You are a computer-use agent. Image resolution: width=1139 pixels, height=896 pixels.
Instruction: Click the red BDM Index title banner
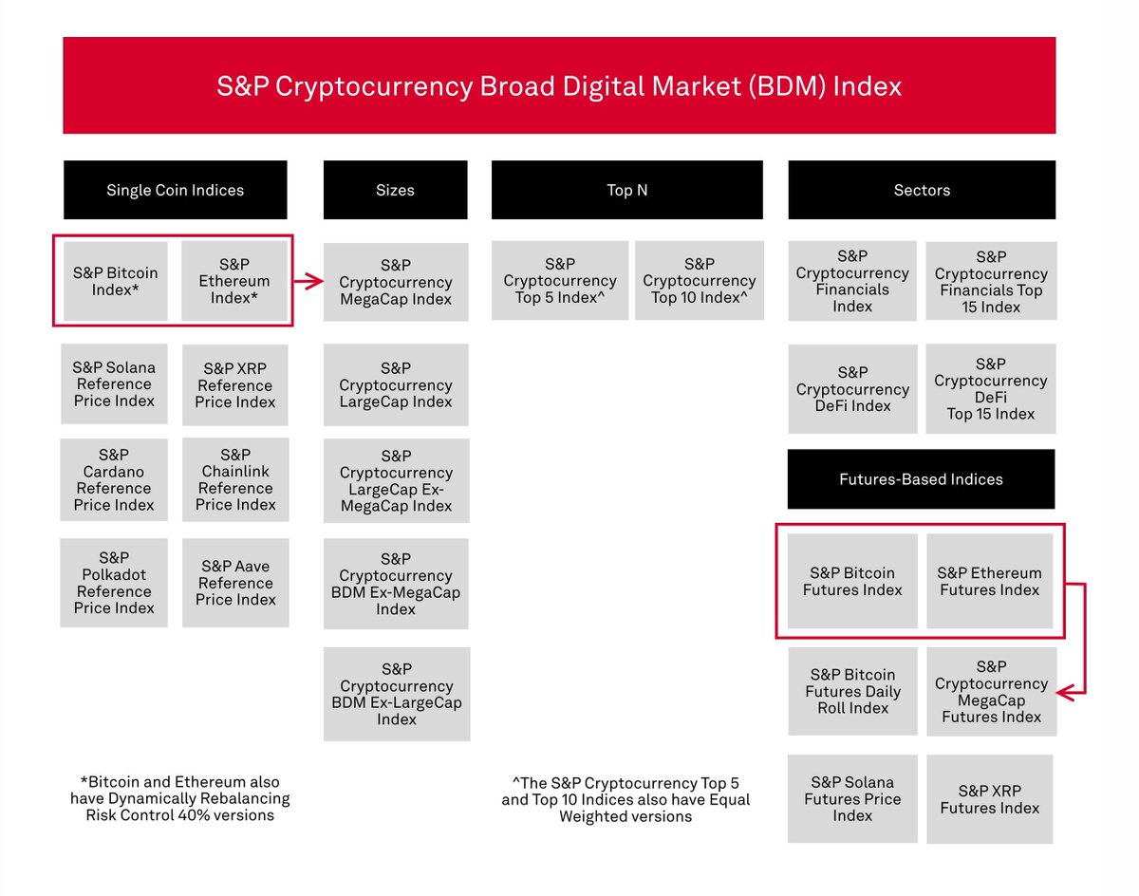point(559,86)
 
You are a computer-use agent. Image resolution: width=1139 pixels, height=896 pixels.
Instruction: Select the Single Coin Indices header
point(175,190)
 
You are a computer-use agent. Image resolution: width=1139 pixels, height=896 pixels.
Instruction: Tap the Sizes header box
point(395,190)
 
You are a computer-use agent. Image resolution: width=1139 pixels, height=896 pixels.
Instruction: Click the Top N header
point(626,190)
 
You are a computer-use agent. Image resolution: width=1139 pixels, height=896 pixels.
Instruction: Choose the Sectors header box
point(921,190)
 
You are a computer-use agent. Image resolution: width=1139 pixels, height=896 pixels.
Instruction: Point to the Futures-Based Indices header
point(921,479)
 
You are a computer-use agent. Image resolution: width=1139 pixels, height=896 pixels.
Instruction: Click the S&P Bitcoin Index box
point(116,281)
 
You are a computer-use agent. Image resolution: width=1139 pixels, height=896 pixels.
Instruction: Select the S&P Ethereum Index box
point(234,281)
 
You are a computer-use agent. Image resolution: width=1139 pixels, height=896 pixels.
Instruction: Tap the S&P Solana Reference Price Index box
point(114,383)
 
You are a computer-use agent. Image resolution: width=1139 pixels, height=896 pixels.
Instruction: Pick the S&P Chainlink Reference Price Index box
point(235,479)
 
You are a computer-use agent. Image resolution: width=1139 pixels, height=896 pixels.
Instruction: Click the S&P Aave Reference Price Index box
point(235,583)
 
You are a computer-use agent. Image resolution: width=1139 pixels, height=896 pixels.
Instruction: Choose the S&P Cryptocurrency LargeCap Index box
point(396,384)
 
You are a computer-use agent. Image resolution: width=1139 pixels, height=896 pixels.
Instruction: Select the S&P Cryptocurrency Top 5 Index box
point(560,280)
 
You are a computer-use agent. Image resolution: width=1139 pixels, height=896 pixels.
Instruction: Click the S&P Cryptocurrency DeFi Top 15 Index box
point(990,389)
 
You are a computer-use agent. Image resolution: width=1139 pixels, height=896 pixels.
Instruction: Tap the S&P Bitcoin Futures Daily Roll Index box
point(852,691)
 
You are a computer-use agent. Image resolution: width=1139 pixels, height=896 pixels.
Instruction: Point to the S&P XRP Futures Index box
point(990,799)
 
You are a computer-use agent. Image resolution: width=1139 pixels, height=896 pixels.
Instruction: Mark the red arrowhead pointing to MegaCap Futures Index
point(1066,693)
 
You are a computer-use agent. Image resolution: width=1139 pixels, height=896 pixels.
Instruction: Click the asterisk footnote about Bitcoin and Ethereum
point(179,798)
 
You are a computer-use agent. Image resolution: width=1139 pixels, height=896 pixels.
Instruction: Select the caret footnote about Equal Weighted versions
point(626,799)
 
